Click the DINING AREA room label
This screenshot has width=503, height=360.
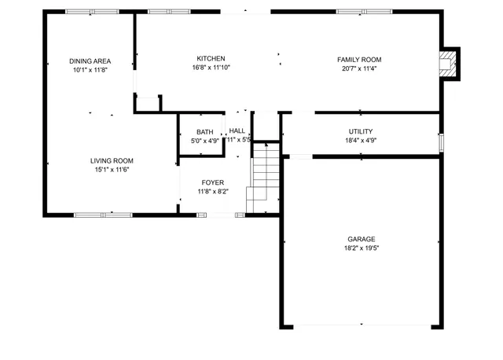pyautogui.click(x=90, y=61)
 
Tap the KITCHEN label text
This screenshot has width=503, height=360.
pyautogui.click(x=211, y=59)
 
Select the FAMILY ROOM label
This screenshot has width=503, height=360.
pyautogui.click(x=359, y=60)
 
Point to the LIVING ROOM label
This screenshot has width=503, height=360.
pyautogui.click(x=111, y=160)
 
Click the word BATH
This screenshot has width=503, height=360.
pyautogui.click(x=204, y=132)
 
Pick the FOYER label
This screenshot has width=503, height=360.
pyautogui.click(x=212, y=182)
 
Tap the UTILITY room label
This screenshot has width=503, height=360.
pyautogui.click(x=361, y=131)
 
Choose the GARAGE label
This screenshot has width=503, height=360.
pyautogui.click(x=362, y=239)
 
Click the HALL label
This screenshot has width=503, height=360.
pyautogui.click(x=237, y=131)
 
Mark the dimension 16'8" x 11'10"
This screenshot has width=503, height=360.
pyautogui.click(x=211, y=68)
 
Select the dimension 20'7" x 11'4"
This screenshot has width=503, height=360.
pyautogui.click(x=359, y=68)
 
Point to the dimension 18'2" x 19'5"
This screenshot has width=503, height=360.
pyautogui.click(x=362, y=248)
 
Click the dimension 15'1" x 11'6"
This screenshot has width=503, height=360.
pyautogui.click(x=111, y=170)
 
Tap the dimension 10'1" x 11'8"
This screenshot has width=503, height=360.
pyautogui.click(x=90, y=69)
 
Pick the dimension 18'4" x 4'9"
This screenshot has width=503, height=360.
pyautogui.click(x=361, y=141)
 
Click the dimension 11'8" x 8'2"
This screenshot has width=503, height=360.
pyautogui.click(x=212, y=191)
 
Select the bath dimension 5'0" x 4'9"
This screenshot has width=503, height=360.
pyautogui.click(x=204, y=141)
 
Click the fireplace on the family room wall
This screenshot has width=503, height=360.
pyautogui.click(x=449, y=64)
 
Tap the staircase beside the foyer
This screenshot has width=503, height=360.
pyautogui.click(x=265, y=181)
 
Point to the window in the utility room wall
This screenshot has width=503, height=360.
pyautogui.click(x=442, y=142)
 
